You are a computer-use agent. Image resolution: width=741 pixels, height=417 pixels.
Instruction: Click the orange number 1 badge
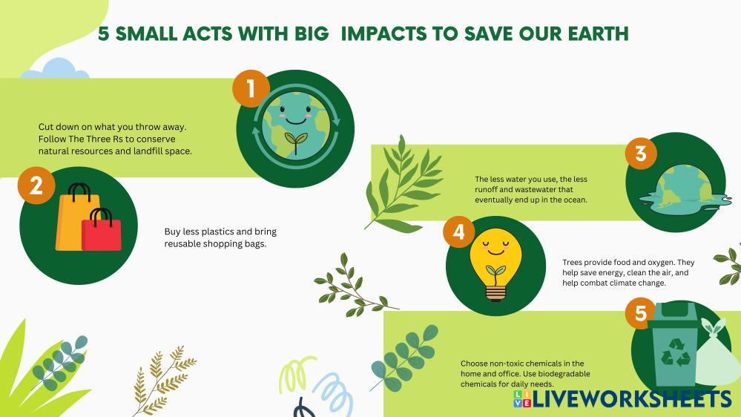[251, 88]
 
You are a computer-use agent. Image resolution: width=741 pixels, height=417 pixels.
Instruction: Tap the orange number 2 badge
[36, 185]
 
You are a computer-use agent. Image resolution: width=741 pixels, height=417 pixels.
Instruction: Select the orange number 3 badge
[641, 153]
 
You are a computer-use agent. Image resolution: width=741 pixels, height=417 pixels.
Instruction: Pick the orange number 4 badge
[459, 232]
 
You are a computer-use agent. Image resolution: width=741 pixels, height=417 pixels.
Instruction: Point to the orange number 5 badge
[641, 313]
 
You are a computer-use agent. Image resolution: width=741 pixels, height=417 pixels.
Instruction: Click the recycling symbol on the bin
[676, 352]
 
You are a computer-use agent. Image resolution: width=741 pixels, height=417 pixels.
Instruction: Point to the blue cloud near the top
[56, 68]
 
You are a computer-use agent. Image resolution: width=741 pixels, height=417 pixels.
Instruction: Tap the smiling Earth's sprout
[296, 142]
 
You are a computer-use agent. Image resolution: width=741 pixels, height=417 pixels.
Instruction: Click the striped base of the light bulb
[495, 292]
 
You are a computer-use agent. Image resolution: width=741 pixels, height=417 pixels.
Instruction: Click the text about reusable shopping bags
[220, 238]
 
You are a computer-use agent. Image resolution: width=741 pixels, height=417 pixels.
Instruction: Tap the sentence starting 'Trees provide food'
[628, 272]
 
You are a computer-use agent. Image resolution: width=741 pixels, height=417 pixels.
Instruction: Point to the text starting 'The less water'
[531, 190]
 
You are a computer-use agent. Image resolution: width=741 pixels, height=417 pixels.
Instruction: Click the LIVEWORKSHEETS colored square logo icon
[522, 398]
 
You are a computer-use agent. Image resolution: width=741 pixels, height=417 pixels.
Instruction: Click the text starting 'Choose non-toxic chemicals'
[525, 373]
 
